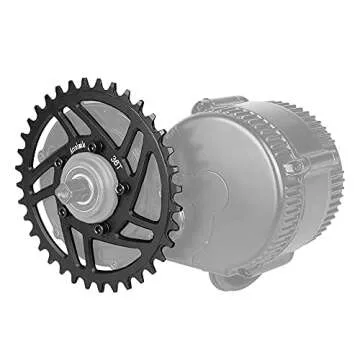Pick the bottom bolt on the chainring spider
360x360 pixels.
[99, 229]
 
